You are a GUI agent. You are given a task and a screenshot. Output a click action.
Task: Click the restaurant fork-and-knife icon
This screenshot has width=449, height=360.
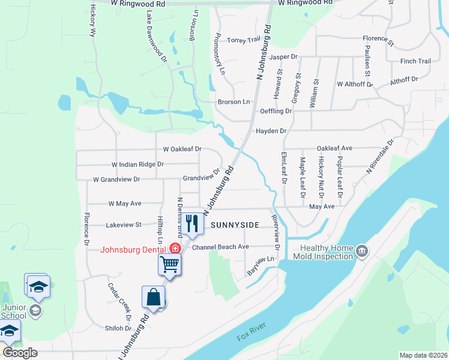(x=191, y=224)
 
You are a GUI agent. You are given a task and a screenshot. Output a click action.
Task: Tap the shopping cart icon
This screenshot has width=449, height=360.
(x=170, y=263)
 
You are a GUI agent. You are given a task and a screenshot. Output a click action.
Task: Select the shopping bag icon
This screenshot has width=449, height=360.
(x=154, y=298)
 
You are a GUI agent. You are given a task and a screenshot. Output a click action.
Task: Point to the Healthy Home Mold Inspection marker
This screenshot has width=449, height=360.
(x=361, y=250)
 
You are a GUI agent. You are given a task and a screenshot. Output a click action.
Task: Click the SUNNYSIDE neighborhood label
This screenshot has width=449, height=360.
(x=235, y=225)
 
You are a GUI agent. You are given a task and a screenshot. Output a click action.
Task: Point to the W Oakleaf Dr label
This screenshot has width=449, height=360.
(x=182, y=149)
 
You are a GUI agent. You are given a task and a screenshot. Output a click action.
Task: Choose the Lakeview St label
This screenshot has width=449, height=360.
(x=123, y=225)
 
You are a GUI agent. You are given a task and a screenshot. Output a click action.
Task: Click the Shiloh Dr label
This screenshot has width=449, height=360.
(x=119, y=328)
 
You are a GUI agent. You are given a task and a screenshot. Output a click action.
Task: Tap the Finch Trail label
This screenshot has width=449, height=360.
(x=415, y=61)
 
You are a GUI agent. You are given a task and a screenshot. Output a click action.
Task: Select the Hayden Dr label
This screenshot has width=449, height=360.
(x=271, y=131)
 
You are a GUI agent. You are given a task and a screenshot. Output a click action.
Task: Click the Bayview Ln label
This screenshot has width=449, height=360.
(x=261, y=266)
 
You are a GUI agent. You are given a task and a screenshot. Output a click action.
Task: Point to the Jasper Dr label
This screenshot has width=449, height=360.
(x=283, y=57)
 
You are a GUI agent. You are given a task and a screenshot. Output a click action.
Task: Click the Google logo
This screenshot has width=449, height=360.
(x=20, y=353)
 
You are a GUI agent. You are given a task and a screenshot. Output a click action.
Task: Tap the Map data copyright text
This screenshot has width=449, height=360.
(x=423, y=355)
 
